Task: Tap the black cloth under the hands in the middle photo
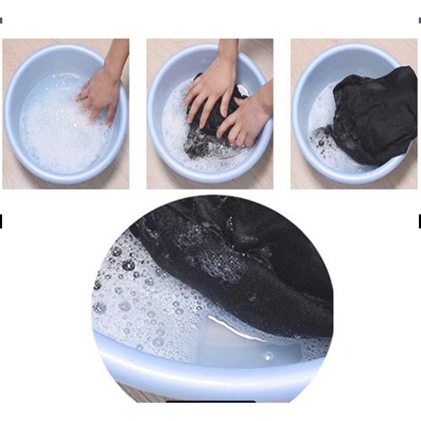pos(204,141)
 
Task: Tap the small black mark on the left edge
pos(1,221)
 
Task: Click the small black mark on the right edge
pos(419,221)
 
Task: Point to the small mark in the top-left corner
pos(1,21)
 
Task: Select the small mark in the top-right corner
pos(419,21)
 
